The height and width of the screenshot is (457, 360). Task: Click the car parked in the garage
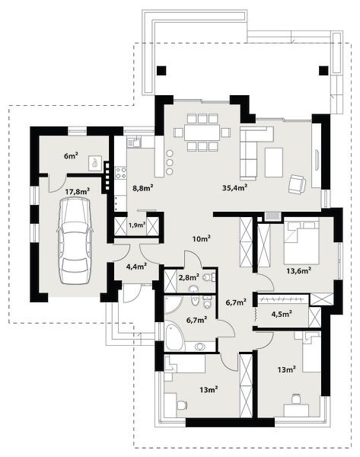point(75,241)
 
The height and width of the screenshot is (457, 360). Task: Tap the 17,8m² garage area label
point(77,191)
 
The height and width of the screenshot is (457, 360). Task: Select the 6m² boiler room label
point(71,155)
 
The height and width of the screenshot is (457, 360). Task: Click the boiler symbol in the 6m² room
point(95,163)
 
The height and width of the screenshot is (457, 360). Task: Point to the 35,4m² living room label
point(234,187)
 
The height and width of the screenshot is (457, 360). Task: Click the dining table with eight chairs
point(202,133)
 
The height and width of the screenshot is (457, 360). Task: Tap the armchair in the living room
point(297,184)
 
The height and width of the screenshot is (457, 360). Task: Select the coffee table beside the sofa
point(274,162)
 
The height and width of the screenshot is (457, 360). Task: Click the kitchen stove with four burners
point(121,172)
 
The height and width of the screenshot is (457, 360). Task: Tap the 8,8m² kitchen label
point(143,188)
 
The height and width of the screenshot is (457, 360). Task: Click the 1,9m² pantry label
point(137,225)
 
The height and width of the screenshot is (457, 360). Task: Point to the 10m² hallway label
point(202,239)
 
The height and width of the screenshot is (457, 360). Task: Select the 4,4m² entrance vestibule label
point(136,267)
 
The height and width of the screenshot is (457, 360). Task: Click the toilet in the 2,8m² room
point(208,277)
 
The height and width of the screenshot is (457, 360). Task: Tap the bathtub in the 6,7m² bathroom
point(175,337)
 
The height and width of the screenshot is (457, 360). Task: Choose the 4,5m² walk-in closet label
point(282,314)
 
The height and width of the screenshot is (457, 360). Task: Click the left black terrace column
point(161,71)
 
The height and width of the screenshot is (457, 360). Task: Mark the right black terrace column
point(323,71)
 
